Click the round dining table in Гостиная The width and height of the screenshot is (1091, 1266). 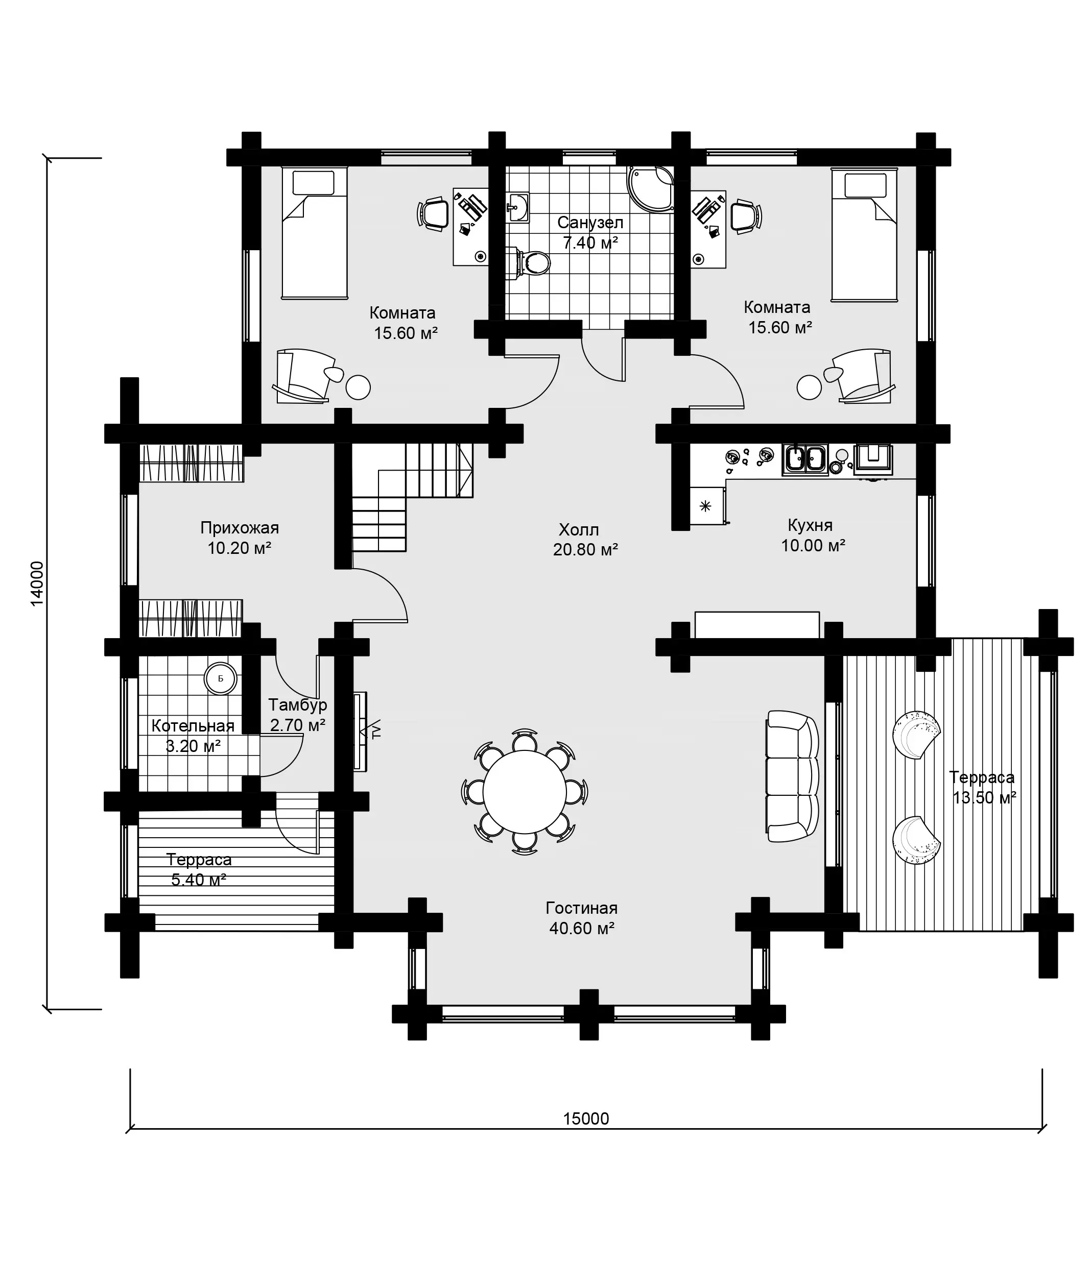click(x=525, y=791)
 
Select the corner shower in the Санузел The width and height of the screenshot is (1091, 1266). click(x=651, y=189)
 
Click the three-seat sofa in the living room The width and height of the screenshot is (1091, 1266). click(x=792, y=776)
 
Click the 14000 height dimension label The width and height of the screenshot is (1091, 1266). click(x=37, y=583)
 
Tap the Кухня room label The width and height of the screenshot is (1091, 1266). click(x=810, y=525)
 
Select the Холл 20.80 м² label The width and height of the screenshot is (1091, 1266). click(x=585, y=540)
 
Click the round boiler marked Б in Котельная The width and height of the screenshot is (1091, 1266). click(x=221, y=678)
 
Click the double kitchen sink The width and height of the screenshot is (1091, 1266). click(x=805, y=459)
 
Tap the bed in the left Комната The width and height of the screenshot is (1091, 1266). click(x=314, y=233)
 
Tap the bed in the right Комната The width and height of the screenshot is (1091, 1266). click(x=865, y=235)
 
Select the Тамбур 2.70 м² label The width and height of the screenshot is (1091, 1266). click(x=298, y=715)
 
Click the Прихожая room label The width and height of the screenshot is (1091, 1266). click(x=240, y=527)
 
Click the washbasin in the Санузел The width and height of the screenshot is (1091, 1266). click(x=518, y=207)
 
